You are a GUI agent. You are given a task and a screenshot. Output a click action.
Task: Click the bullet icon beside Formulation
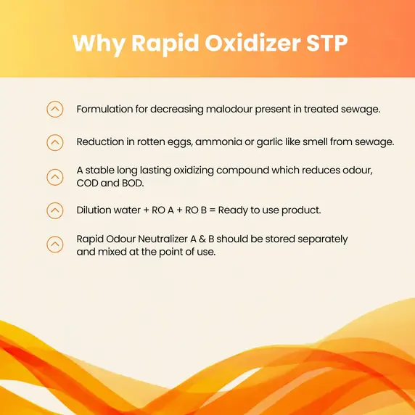(54, 110)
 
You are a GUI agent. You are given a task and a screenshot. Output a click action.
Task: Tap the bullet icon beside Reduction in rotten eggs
(54, 142)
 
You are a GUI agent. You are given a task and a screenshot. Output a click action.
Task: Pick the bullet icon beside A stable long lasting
(54, 176)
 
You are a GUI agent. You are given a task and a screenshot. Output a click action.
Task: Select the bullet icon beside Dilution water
(54, 210)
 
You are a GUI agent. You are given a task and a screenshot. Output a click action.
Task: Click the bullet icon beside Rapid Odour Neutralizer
(54, 245)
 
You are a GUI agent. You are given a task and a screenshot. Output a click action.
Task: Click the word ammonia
(226, 142)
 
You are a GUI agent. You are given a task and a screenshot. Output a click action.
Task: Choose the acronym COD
(89, 183)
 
